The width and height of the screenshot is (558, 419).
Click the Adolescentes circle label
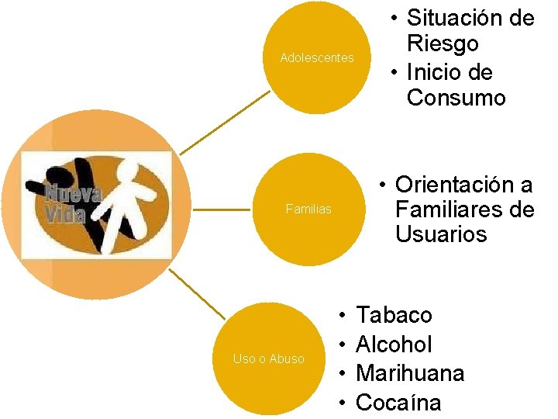point(316,58)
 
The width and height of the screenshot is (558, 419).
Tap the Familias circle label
point(308,209)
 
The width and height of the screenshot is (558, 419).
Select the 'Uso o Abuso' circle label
point(268,358)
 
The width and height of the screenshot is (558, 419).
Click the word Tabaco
point(394,315)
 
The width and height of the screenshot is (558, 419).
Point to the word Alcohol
point(394,345)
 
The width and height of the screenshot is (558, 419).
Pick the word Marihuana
point(410,373)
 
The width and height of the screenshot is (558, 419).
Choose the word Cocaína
point(398,403)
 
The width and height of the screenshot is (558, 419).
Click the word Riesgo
point(443,44)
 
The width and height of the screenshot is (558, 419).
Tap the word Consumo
point(456,98)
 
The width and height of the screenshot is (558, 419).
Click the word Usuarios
point(441,234)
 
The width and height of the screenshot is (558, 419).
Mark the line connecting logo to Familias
point(222,209)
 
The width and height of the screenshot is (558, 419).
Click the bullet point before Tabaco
point(342,316)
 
